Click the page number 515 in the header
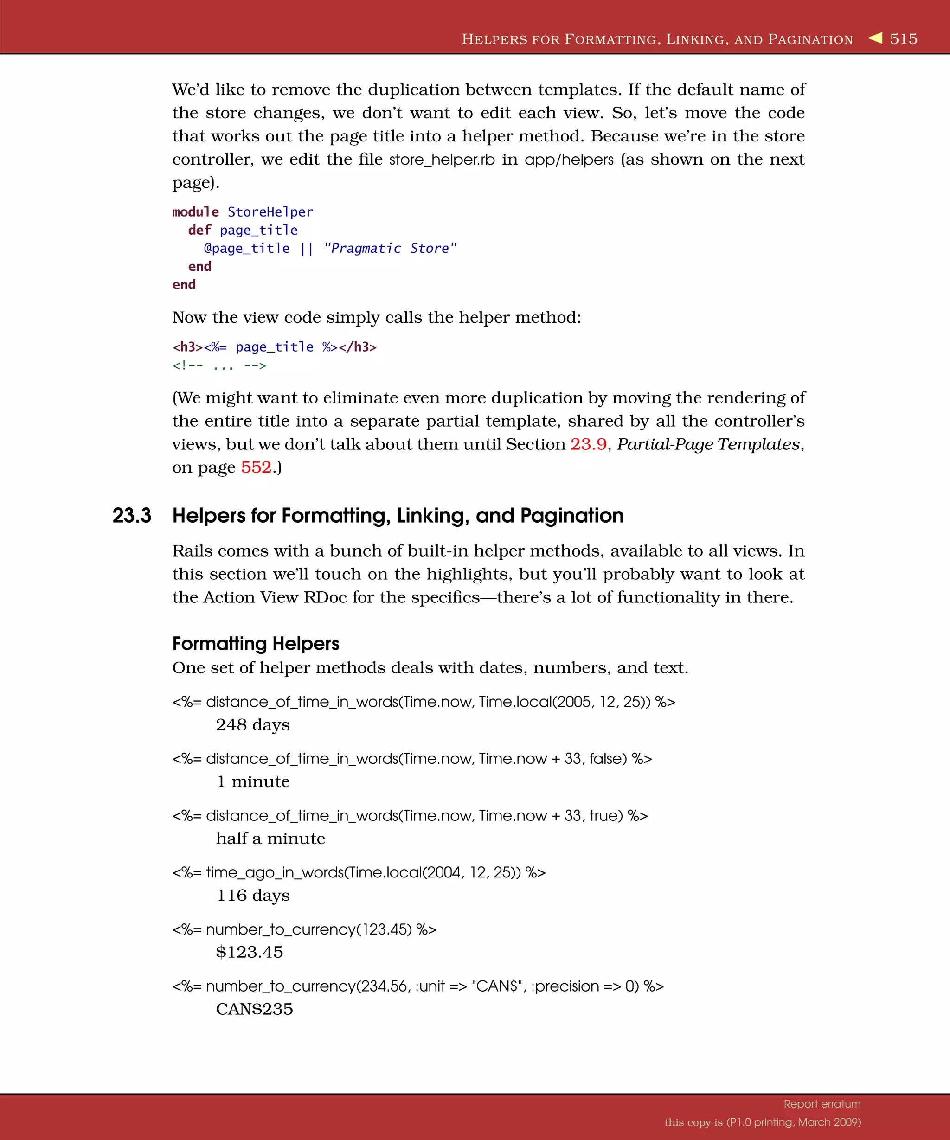point(903,38)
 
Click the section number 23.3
point(132,515)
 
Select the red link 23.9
point(588,444)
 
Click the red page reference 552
point(256,467)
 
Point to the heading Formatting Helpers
point(256,643)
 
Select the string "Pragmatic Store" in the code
point(390,248)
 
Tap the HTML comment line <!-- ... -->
point(219,365)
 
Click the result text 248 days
point(252,725)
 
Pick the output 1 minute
point(253,781)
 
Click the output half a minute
point(270,839)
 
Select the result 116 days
point(253,895)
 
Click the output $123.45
point(249,952)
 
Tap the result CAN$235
point(254,1009)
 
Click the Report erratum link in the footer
point(822,1104)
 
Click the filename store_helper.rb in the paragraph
point(442,160)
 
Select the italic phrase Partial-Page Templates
point(708,444)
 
